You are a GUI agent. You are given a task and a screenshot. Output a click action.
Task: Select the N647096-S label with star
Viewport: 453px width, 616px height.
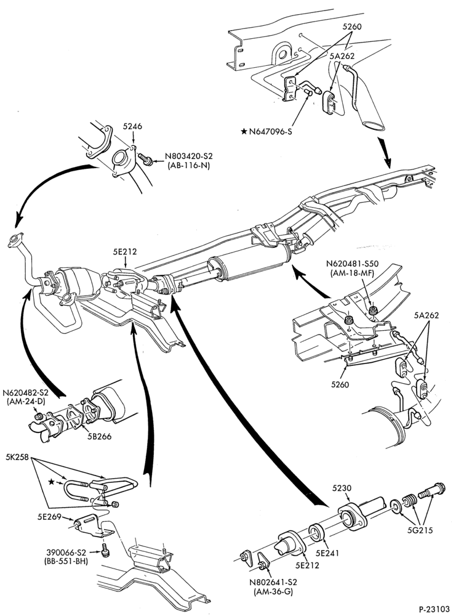[x=267, y=131]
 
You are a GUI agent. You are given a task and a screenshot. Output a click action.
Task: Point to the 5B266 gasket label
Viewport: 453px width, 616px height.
[x=99, y=436]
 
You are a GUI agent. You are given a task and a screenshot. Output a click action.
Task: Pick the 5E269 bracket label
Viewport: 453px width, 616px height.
[x=49, y=517]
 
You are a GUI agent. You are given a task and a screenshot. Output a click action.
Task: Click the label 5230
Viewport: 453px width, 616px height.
[x=342, y=488]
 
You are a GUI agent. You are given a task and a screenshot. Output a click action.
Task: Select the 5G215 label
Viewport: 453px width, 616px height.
[x=420, y=530]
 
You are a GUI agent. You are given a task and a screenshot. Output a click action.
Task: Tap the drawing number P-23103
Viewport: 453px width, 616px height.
[x=434, y=609]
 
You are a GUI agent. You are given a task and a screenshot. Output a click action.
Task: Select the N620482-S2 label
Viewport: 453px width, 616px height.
[x=25, y=393]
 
